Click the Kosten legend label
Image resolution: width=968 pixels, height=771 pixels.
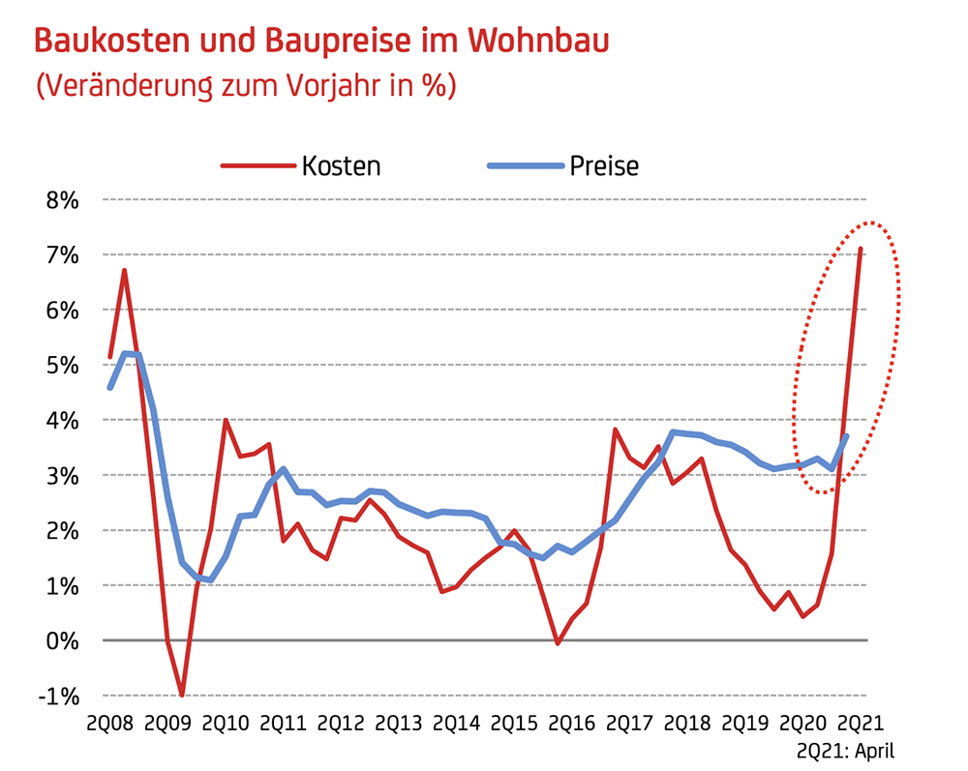[341, 165]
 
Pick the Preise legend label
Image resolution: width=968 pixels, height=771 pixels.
[605, 165]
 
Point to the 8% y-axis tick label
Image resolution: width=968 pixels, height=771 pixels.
[59, 200]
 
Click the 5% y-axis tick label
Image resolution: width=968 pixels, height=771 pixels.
[59, 366]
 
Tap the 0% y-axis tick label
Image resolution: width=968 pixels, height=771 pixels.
[59, 641]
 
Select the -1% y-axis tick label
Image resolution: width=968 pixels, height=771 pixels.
[55, 697]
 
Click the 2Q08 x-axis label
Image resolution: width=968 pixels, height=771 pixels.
[109, 723]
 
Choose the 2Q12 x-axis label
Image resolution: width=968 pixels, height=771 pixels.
[341, 723]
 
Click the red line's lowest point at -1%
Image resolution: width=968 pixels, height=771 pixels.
[182, 695]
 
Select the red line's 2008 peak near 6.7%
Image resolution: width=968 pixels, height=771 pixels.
[125, 270]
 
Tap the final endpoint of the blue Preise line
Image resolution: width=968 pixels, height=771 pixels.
[847, 436]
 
